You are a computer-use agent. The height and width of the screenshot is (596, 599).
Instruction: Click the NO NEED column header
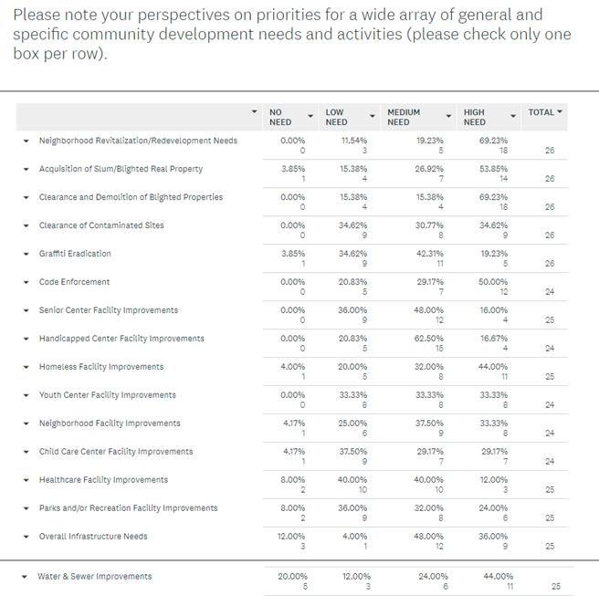(x=277, y=117)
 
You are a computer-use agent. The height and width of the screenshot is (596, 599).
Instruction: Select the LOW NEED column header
(x=336, y=117)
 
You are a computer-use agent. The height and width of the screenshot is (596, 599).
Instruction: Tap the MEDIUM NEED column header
(x=404, y=117)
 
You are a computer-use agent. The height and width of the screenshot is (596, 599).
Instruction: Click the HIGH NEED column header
(x=475, y=117)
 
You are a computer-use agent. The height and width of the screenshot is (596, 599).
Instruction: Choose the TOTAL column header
(x=541, y=112)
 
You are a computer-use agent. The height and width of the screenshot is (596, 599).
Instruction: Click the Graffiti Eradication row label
(x=75, y=254)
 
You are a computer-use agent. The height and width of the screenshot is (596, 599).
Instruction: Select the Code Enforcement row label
(x=74, y=282)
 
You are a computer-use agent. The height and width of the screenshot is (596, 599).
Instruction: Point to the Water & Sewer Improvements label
(x=94, y=576)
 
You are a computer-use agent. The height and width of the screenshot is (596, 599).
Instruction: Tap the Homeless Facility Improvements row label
(x=101, y=367)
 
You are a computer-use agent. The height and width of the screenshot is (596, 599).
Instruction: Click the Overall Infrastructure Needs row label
(x=93, y=536)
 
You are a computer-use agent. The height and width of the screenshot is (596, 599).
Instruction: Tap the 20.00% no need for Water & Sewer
(x=292, y=576)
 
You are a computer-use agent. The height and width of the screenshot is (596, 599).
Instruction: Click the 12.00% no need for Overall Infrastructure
(x=291, y=536)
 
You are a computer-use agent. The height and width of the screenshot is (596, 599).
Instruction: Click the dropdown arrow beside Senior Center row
(x=26, y=310)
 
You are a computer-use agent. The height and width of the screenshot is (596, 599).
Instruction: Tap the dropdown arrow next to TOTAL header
(x=560, y=112)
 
